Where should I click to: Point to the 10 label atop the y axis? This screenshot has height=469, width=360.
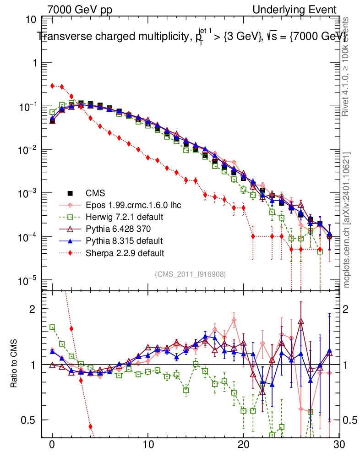coord(31,20)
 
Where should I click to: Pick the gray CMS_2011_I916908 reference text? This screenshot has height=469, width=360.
coord(191,274)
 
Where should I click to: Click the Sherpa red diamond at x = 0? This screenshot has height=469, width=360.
coord(52,86)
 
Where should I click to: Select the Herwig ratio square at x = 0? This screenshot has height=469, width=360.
coord(52,327)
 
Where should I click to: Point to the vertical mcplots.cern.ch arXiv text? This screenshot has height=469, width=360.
coord(348,220)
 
